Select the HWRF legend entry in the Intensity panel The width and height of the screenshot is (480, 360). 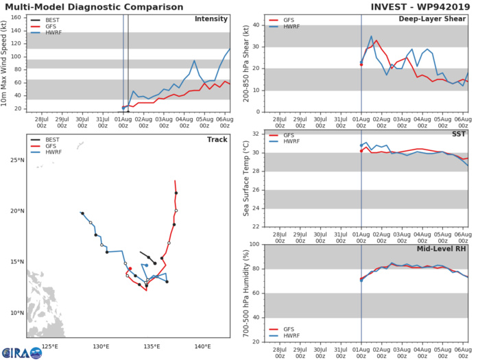coord(51,32)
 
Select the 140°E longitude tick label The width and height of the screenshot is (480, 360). coord(202,346)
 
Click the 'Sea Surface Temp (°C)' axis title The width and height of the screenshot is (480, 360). coord(245,178)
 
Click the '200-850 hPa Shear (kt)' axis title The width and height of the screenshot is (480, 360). coord(245,64)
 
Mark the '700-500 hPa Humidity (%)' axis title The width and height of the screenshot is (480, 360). coord(245,293)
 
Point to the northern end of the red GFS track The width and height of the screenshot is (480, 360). coord(176,181)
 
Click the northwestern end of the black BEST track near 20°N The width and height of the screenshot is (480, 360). coord(82,213)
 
